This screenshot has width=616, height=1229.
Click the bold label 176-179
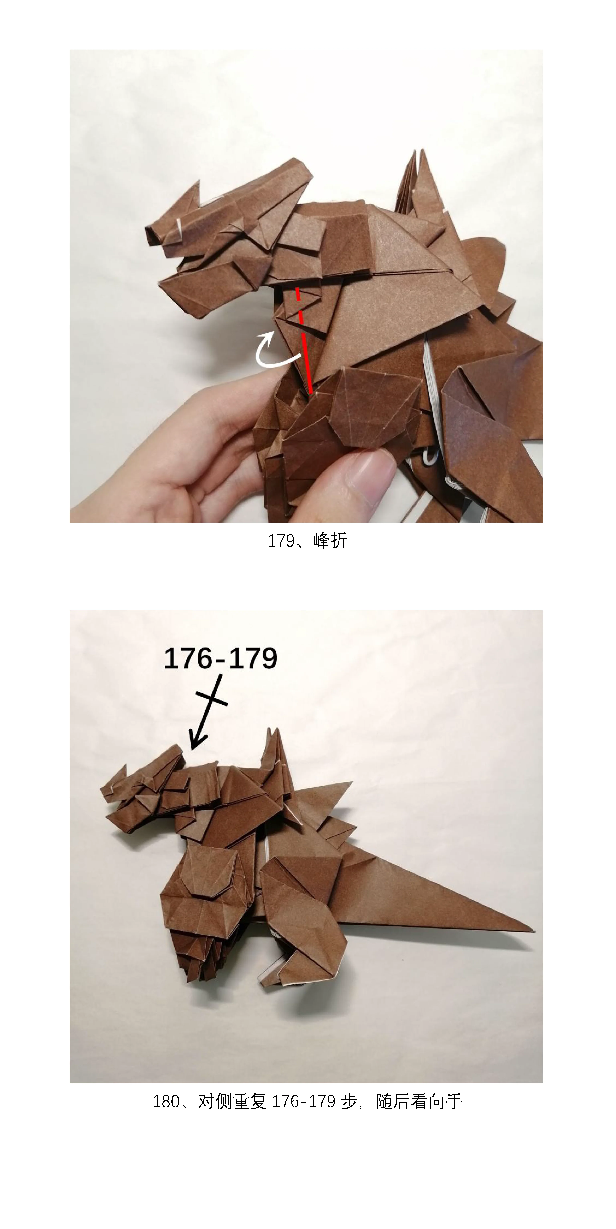pyautogui.click(x=221, y=658)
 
